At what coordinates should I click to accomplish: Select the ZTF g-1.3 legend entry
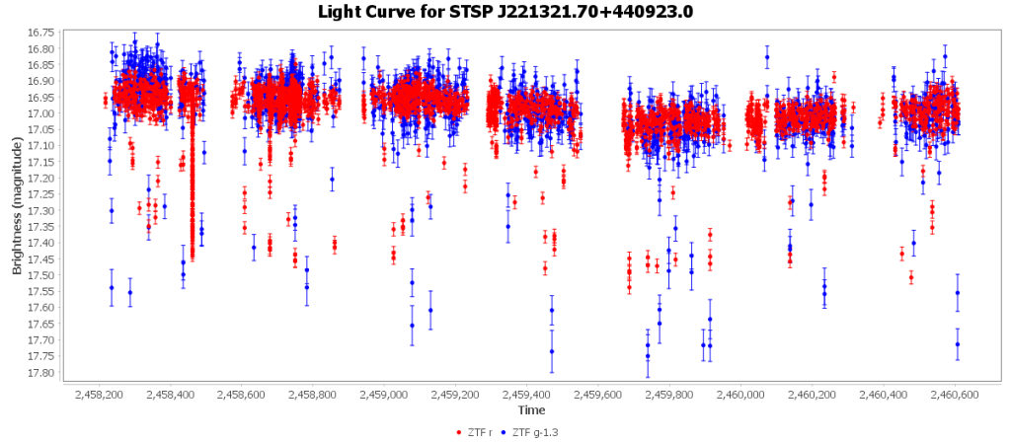[538, 431]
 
